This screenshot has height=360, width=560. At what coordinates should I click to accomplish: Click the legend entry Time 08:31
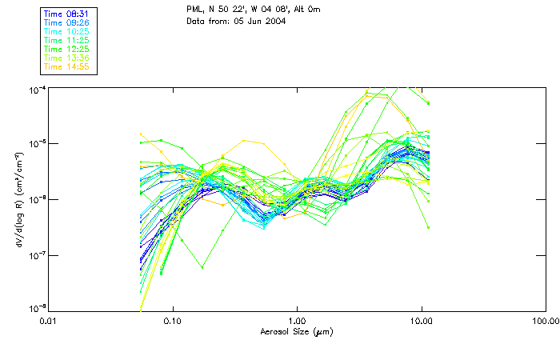67,14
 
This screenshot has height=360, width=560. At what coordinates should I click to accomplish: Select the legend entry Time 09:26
67,22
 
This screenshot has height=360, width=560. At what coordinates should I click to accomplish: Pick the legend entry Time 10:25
67,31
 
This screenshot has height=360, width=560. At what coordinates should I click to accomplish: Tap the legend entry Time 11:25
67,40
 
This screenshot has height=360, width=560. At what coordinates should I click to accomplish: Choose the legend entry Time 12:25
67,49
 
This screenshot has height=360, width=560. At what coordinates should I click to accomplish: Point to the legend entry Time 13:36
67,58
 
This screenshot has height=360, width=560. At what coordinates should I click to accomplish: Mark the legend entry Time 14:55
67,66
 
